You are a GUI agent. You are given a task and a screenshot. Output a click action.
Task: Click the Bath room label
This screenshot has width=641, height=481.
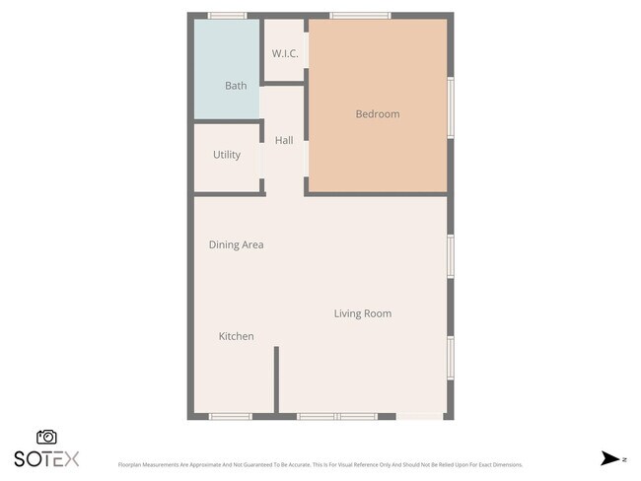point(236,86)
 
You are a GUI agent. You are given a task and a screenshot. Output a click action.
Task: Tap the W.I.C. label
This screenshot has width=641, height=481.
point(285,53)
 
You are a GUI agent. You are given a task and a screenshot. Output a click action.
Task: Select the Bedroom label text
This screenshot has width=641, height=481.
point(378,114)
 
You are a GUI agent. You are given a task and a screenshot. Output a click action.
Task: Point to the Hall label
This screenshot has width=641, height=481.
point(284,141)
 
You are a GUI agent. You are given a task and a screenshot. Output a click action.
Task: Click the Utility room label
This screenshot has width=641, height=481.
point(227,155)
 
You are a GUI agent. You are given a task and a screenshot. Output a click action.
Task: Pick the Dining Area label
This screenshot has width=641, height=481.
point(236,244)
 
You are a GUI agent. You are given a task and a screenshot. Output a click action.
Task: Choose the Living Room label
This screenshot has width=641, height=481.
point(362,313)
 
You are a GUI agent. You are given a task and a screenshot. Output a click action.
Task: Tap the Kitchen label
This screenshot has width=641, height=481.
point(236,336)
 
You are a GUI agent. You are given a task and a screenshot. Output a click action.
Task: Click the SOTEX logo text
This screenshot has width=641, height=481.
point(46,458)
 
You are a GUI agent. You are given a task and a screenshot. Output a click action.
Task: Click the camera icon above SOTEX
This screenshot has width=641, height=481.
point(46,437)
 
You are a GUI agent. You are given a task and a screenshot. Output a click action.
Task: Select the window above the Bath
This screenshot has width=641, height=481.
point(227,16)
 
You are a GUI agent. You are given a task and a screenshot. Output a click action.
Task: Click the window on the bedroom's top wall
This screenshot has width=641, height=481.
point(360,16)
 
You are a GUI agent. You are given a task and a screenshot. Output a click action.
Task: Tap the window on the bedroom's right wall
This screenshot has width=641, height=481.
point(451,108)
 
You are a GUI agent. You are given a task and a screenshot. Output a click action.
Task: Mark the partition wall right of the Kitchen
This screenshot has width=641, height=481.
point(276,379)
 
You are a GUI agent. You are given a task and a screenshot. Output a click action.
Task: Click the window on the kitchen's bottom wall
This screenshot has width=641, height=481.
point(232,416)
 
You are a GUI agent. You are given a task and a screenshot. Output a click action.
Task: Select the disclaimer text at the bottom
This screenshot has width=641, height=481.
point(320,464)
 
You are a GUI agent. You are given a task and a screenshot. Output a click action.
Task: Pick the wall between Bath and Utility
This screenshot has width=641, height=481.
point(227,121)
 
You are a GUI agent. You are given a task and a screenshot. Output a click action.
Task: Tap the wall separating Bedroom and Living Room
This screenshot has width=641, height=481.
point(378,193)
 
